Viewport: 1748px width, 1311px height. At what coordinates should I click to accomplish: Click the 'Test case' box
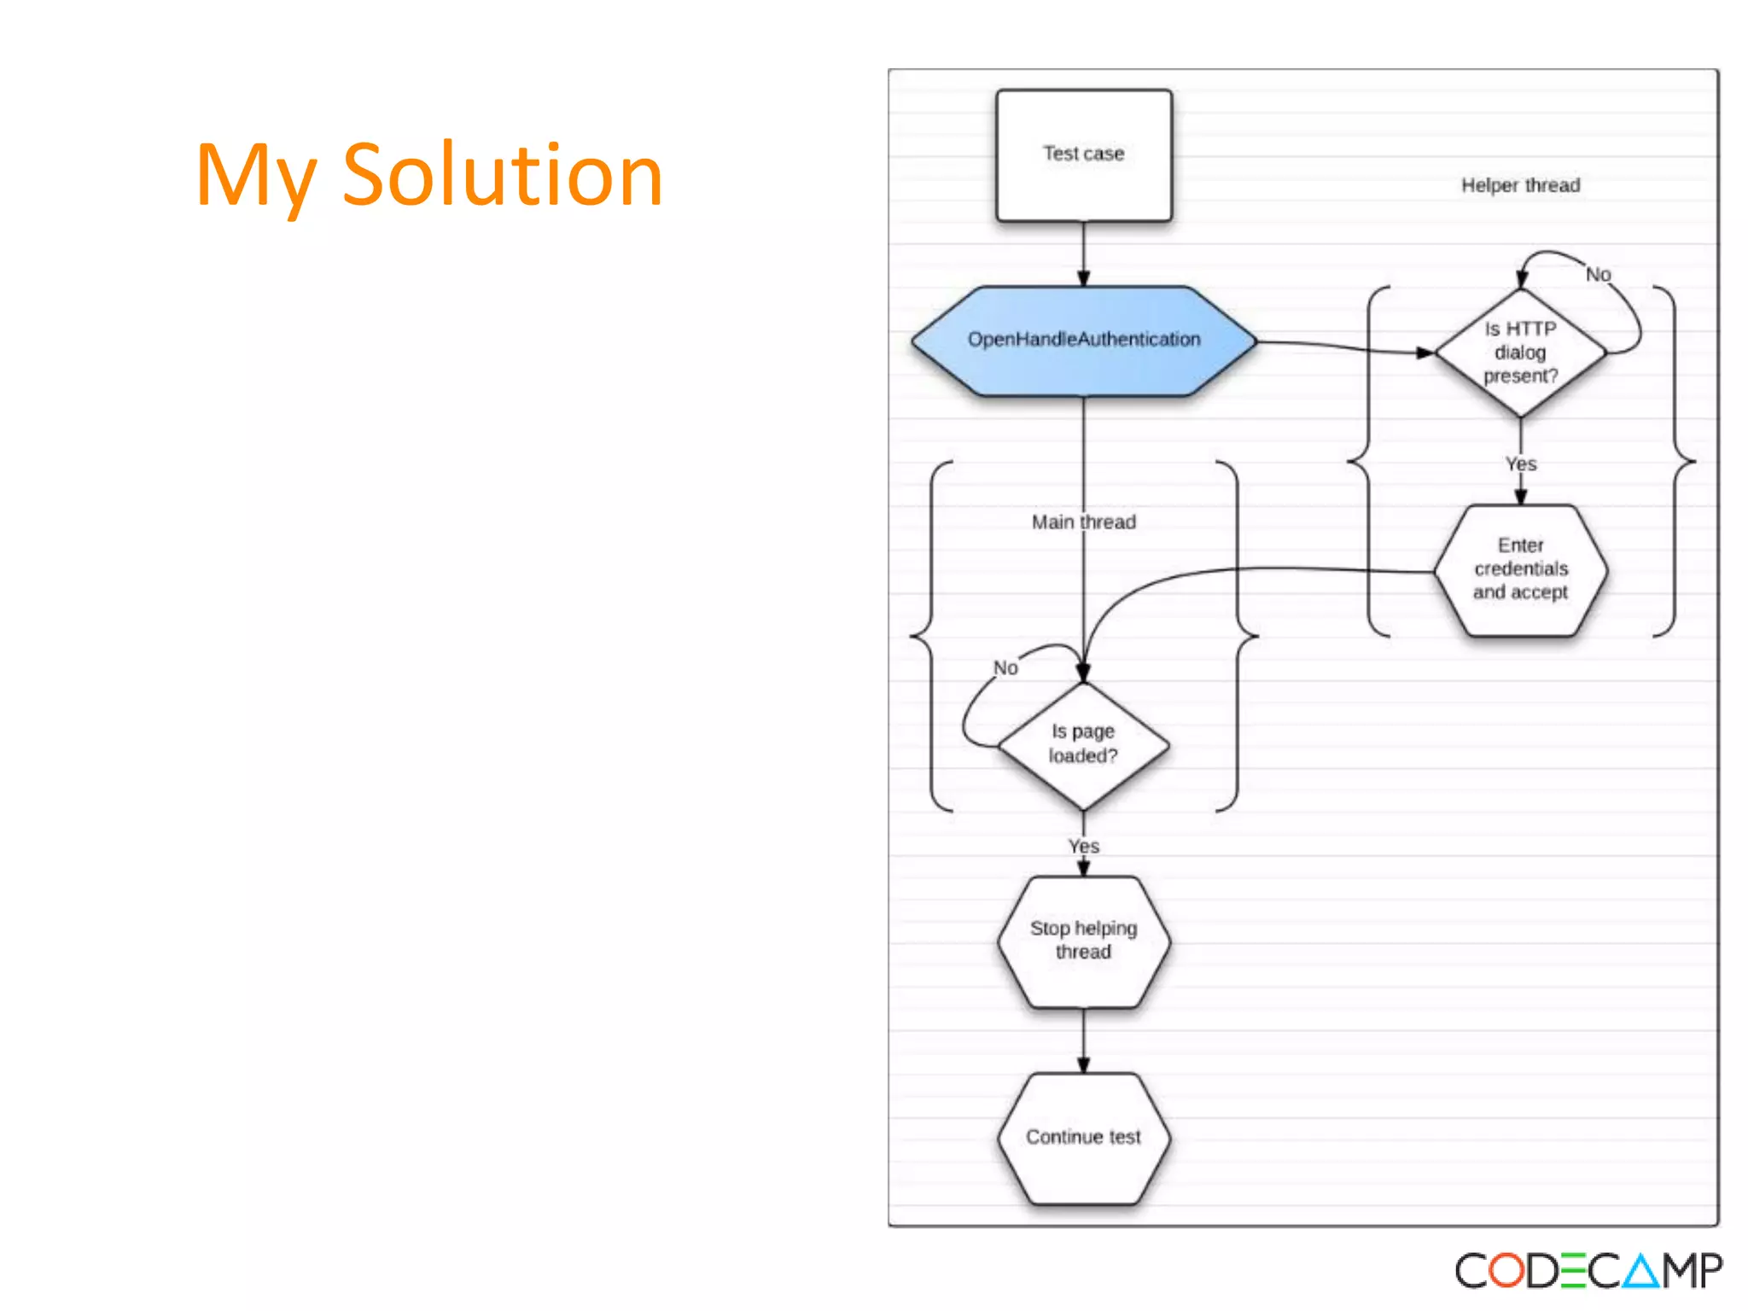click(1083, 155)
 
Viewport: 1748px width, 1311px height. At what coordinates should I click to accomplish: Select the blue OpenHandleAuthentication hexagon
click(1083, 341)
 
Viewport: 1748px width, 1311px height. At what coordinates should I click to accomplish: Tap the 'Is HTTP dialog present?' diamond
click(1520, 353)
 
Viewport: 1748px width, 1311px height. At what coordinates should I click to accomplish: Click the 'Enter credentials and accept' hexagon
click(1520, 569)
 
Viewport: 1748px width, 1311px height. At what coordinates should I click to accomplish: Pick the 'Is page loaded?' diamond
click(1083, 745)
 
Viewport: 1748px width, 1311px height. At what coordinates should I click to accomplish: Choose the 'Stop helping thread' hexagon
click(1083, 941)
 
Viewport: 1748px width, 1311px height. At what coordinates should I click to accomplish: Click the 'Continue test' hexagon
click(1083, 1137)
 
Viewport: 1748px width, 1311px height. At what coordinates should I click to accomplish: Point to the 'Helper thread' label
click(1520, 185)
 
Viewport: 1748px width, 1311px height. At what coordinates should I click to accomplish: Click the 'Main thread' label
click(1083, 521)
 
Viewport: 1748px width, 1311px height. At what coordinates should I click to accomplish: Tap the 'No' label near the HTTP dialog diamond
click(1598, 275)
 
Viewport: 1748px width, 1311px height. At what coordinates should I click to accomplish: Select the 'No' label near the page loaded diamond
click(1005, 667)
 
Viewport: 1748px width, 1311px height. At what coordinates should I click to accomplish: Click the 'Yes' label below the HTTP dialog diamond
click(1520, 464)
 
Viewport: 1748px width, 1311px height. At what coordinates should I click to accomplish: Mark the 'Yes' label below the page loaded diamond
click(1083, 846)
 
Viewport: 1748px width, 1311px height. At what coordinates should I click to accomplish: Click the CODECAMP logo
click(1588, 1271)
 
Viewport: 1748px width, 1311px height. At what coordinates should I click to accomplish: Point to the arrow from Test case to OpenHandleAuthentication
click(1083, 254)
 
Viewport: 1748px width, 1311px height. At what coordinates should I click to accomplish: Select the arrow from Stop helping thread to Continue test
click(1083, 1040)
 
